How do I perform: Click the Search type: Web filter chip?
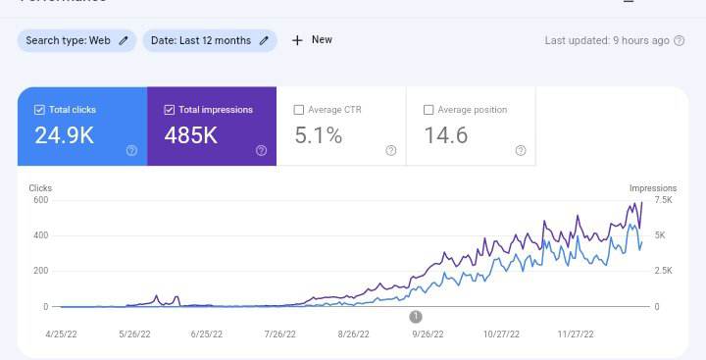(76, 40)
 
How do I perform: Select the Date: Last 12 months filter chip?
(210, 40)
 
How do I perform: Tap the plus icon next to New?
(297, 40)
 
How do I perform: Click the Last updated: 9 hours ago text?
(607, 40)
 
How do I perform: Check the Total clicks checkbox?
(39, 110)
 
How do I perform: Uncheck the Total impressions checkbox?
(170, 110)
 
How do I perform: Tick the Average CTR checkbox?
(299, 110)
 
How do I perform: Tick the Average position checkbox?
(429, 110)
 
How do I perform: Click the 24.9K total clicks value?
(65, 136)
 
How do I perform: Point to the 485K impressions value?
(191, 136)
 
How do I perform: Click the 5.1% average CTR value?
(318, 136)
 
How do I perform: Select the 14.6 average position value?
(445, 136)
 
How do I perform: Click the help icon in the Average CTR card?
(391, 150)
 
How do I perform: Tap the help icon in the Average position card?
(521, 150)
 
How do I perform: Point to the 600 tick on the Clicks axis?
(39, 200)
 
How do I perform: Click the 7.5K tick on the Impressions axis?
(663, 200)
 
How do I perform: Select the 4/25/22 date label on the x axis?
(62, 334)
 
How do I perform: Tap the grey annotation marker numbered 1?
(416, 316)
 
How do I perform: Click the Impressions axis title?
(653, 187)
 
